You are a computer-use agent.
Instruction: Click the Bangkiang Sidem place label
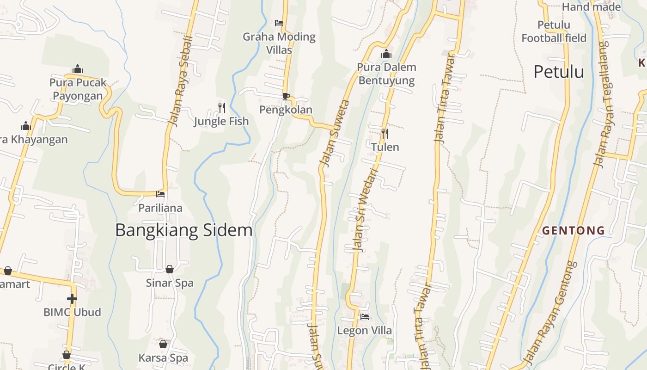tap(183, 230)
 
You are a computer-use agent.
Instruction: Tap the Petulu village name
tap(559, 72)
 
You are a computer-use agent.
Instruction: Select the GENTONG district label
tap(573, 230)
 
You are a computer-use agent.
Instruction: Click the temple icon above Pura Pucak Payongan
tap(78, 69)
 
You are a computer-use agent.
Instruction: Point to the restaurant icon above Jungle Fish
tap(222, 108)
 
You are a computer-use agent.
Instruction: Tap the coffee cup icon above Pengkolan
tap(286, 96)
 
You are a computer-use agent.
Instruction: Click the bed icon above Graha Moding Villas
tap(279, 23)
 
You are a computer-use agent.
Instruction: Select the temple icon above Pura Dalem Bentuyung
tap(386, 54)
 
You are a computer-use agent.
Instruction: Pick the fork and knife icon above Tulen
tap(385, 134)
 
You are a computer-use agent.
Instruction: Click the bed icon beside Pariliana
tap(160, 194)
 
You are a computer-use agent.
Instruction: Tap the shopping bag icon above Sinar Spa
tap(170, 269)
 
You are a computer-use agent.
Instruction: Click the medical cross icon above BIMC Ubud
tap(72, 298)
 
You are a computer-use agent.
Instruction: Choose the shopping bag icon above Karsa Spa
tap(163, 344)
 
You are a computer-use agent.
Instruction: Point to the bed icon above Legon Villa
tap(365, 317)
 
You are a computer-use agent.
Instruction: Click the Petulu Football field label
tap(554, 31)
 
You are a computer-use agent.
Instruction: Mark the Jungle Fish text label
tap(221, 121)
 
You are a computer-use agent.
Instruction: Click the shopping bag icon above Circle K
tap(67, 355)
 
